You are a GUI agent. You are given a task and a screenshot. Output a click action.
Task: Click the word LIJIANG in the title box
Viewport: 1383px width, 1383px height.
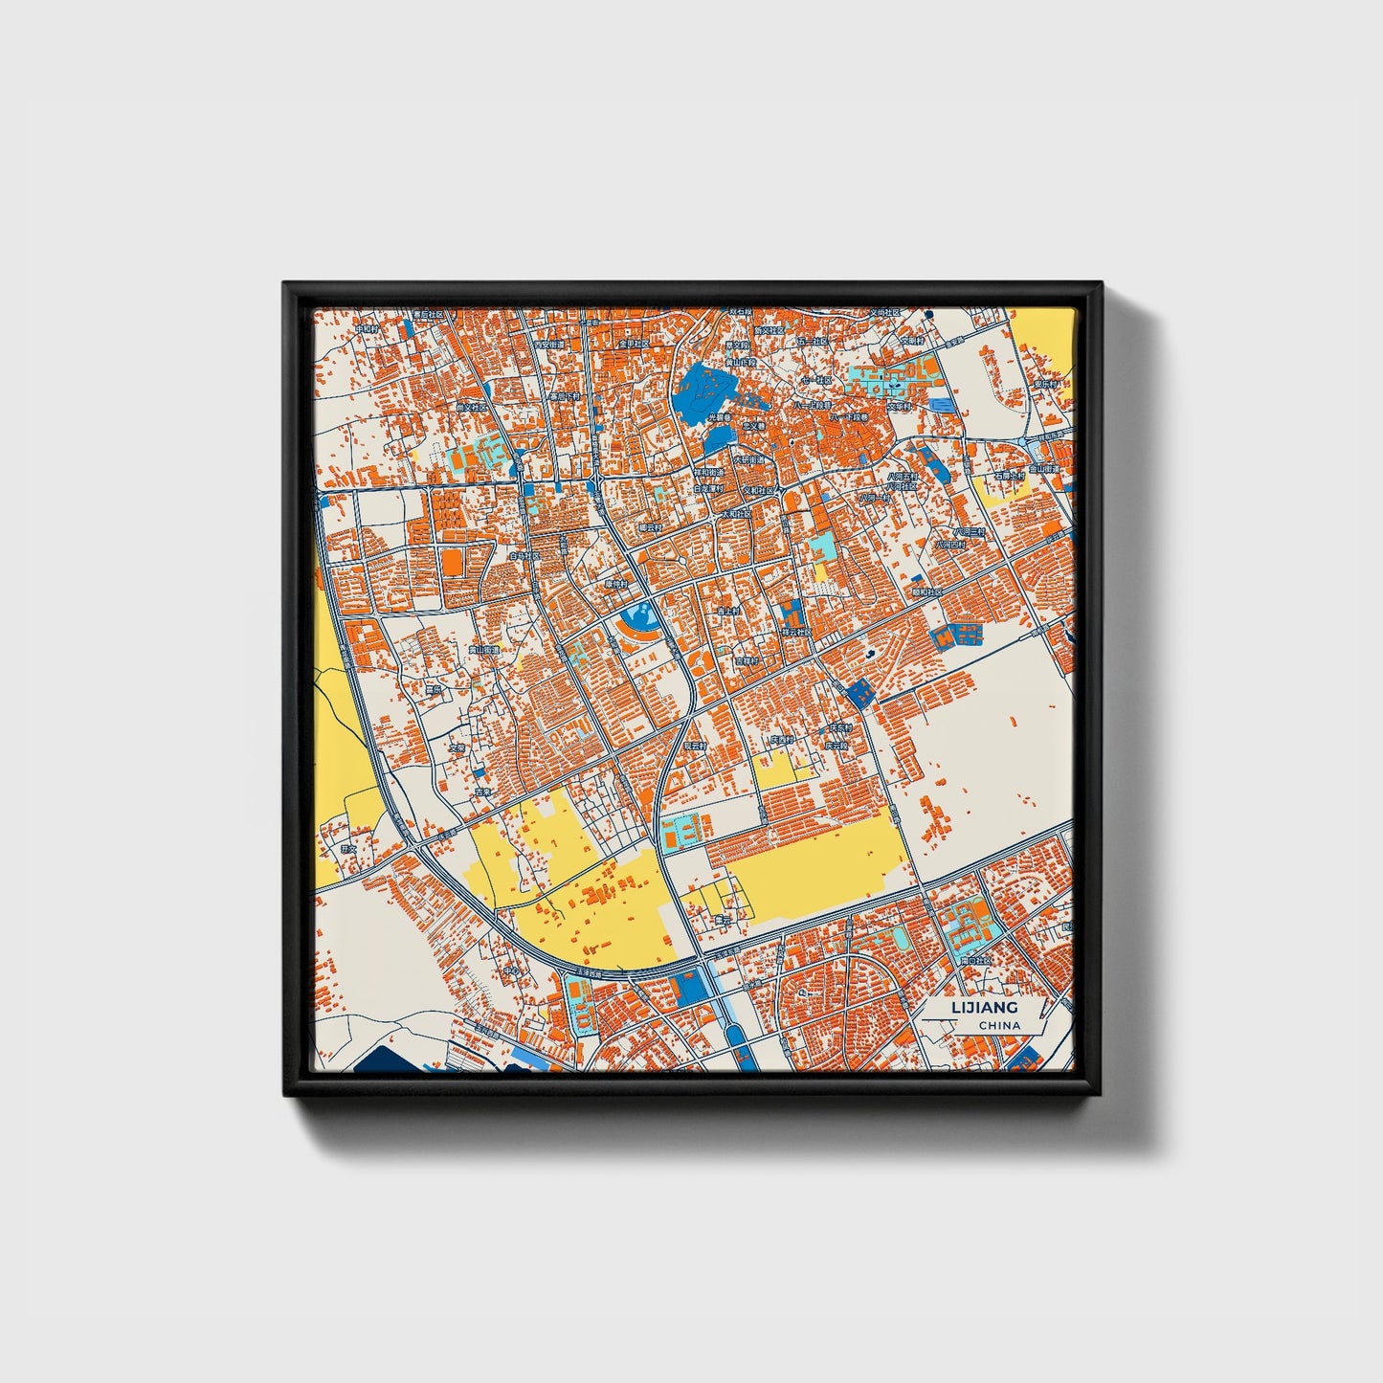pos(985,1007)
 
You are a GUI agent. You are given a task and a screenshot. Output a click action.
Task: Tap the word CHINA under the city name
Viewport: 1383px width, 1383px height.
pos(999,1025)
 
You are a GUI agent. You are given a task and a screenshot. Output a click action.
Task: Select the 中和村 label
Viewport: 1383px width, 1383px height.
pos(368,328)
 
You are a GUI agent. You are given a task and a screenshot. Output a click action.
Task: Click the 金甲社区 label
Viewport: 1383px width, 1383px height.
pos(634,343)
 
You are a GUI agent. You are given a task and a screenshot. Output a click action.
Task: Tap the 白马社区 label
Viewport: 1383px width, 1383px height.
pos(524,555)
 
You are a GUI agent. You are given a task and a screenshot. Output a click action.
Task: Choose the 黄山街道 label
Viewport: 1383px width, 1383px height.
pos(483,650)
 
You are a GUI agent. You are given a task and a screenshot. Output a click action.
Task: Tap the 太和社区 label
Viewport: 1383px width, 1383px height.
pos(736,513)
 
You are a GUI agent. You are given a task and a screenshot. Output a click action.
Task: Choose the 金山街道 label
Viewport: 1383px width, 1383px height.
pos(1045,469)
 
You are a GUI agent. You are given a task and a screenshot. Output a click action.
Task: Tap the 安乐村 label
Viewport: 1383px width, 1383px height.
pos(1047,384)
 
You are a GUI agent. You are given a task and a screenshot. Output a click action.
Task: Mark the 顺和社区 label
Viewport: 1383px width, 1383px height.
pos(926,591)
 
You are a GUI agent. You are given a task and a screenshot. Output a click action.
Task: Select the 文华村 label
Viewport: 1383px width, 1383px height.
pos(900,405)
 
